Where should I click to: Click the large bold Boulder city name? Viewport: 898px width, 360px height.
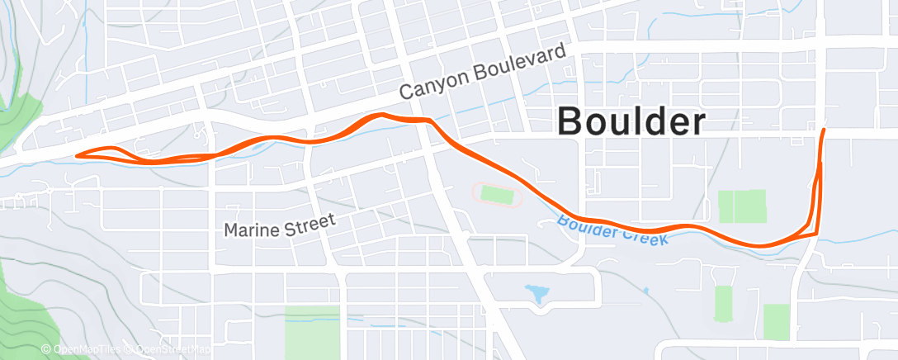point(631,122)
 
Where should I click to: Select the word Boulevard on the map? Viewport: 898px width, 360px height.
point(521,63)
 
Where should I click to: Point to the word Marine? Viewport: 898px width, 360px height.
point(252,228)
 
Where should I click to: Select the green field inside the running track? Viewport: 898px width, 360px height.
point(497,195)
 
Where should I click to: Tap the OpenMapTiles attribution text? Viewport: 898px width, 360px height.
point(86,349)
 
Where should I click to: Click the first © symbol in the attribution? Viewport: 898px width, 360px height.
point(45,349)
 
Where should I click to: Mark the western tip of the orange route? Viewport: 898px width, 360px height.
point(76,155)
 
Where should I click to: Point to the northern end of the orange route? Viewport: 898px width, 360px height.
point(824,129)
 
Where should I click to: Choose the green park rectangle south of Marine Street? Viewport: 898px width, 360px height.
point(312,331)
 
